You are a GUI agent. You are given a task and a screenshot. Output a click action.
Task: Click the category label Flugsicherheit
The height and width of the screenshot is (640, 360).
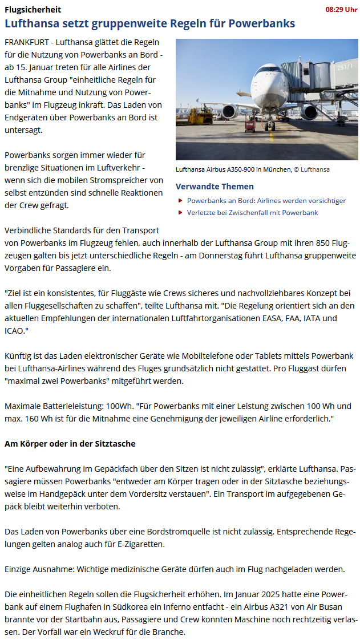pyautogui.click(x=33, y=10)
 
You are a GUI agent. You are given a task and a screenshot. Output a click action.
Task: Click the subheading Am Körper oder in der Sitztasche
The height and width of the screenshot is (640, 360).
pyautogui.click(x=70, y=443)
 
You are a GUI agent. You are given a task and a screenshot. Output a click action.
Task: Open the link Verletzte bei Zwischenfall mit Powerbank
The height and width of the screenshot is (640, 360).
pyautogui.click(x=252, y=213)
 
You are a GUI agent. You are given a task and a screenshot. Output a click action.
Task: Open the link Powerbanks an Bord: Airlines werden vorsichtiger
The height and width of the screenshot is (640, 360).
pyautogui.click(x=266, y=201)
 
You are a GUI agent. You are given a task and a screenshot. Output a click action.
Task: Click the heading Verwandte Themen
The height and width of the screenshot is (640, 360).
pyautogui.click(x=215, y=187)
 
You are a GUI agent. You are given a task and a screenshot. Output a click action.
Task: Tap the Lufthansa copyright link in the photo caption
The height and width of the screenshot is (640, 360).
pyautogui.click(x=314, y=169)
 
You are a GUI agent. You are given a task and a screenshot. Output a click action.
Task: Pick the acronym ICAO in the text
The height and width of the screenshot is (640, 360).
pyautogui.click(x=15, y=330)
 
